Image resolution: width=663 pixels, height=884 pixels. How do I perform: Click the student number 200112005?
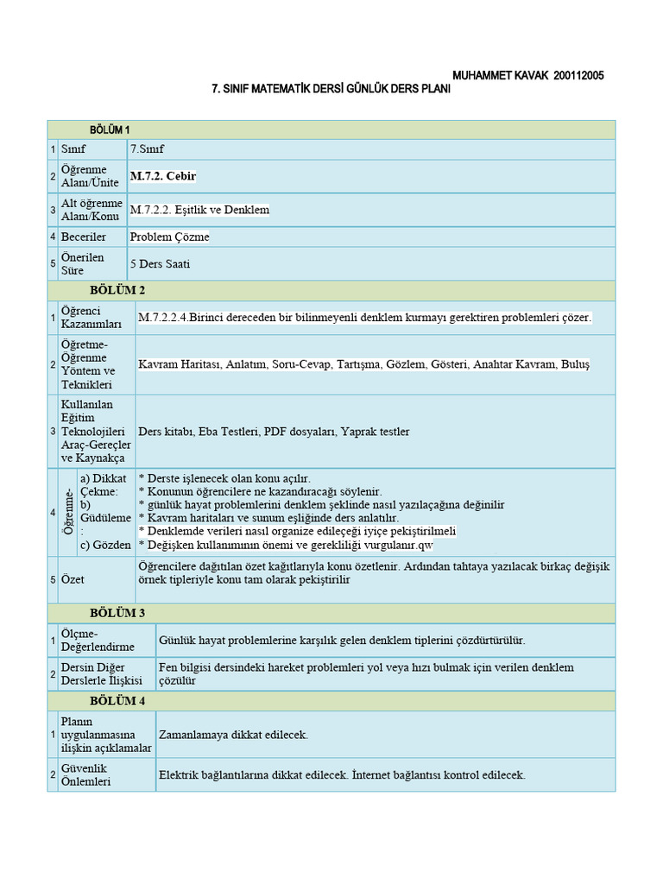(574, 76)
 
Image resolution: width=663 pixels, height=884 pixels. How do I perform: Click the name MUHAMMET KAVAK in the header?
(494, 76)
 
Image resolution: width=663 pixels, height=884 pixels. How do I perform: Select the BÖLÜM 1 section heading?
(110, 129)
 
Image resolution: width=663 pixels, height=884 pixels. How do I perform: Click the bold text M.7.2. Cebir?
(163, 176)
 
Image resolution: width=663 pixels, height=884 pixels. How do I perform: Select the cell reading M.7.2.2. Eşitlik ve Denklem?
(200, 210)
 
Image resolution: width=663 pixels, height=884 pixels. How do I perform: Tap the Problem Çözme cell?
(170, 237)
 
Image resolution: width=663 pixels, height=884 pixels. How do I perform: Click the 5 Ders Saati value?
(160, 264)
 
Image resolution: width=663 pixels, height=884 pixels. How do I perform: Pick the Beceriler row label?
(83, 237)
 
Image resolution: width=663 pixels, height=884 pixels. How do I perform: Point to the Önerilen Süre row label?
(82, 264)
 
